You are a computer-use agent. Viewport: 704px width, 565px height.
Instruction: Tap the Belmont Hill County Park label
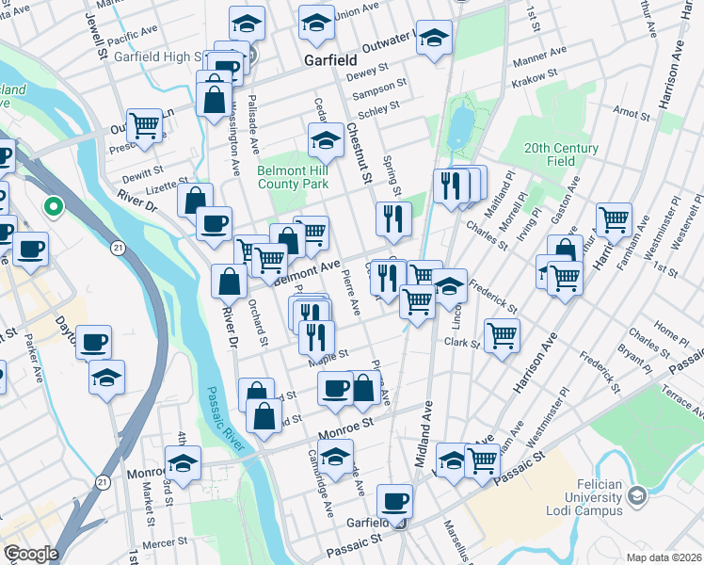(x=292, y=178)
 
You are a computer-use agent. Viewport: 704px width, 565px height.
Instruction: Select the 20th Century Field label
(x=562, y=154)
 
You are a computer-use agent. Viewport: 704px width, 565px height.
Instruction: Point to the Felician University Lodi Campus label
(x=594, y=497)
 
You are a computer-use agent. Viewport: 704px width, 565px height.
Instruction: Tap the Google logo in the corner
(x=30, y=554)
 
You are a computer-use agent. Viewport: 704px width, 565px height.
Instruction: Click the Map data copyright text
(x=664, y=557)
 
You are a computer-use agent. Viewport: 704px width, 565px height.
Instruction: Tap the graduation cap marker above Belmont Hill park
(x=327, y=141)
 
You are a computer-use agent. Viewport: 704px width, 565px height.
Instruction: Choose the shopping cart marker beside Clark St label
(x=502, y=332)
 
